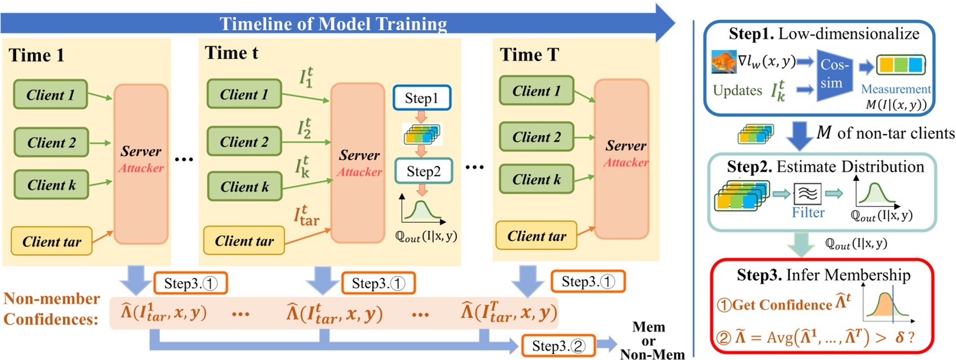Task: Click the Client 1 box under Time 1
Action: click(50, 95)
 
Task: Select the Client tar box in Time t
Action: click(244, 241)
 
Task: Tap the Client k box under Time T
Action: click(536, 179)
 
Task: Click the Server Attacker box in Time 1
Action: click(141, 164)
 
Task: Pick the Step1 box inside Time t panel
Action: click(422, 98)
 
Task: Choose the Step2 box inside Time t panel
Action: click(423, 171)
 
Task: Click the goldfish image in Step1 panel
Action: click(723, 62)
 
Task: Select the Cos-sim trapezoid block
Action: click(834, 74)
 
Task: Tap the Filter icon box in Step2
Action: click(808, 194)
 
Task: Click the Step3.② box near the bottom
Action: click(558, 346)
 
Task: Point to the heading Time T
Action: click(529, 55)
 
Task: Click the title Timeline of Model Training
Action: click(333, 24)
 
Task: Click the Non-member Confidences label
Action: click(52, 309)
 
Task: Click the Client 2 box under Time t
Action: click(244, 142)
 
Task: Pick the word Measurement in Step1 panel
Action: click(895, 89)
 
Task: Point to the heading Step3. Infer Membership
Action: click(823, 275)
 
